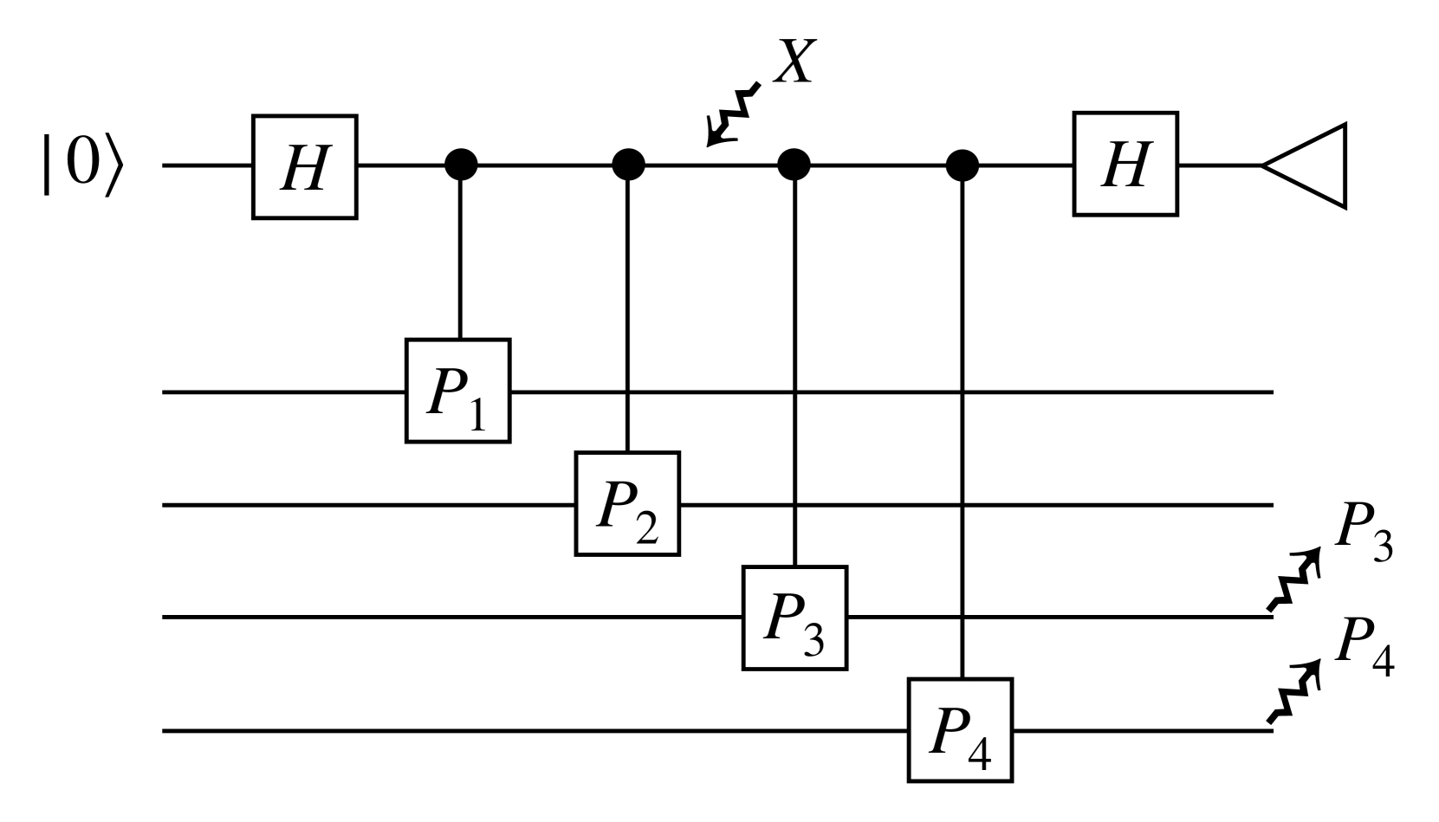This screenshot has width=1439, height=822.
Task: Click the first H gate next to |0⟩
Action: click(304, 166)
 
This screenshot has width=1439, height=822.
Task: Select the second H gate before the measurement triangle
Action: click(1125, 164)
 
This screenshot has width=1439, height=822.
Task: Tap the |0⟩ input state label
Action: click(78, 164)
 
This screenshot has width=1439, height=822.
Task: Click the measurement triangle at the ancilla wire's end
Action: click(1308, 165)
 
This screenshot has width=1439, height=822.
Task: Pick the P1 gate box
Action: click(457, 392)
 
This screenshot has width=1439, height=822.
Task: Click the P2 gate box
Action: click(627, 503)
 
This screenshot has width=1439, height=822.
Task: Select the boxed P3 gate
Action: click(794, 617)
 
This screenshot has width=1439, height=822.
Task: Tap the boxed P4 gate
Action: click(960, 731)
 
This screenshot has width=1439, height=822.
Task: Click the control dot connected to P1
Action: click(460, 164)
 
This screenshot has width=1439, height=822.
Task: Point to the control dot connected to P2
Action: click(628, 164)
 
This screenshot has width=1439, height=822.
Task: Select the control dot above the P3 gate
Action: click(794, 164)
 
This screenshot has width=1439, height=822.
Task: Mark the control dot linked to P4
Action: click(961, 164)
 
